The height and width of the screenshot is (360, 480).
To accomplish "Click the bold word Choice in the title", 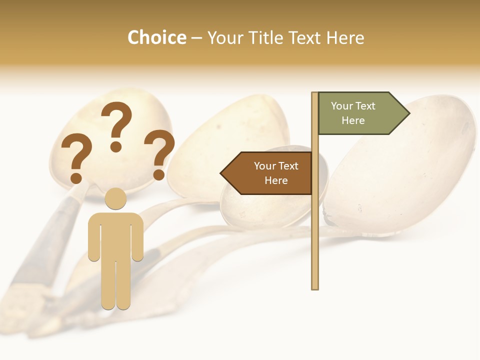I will pos(156,37).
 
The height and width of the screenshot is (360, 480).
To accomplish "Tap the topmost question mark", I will pos(117,122).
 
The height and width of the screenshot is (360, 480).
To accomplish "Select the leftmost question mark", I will pos(75,155).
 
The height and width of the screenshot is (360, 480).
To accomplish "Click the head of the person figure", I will pos(115,198).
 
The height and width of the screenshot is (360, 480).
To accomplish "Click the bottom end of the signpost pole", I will pos(315,287).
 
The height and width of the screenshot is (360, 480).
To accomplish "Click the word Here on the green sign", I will pos(353,120).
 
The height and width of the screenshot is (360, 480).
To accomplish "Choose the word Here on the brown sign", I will pos(276,180).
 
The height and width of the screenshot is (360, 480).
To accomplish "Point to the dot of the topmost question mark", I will pos(116,146).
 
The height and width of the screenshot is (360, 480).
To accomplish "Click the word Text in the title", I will pos(305,37).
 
